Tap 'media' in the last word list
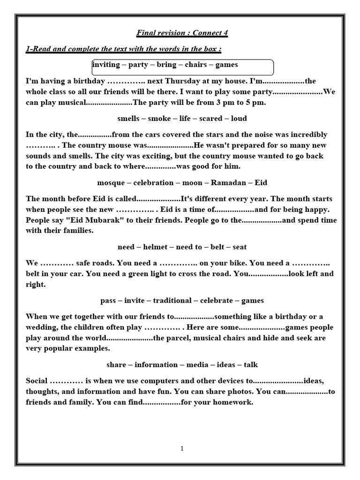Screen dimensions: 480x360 (x=197, y=365)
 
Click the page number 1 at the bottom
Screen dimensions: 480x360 (x=182, y=449)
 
